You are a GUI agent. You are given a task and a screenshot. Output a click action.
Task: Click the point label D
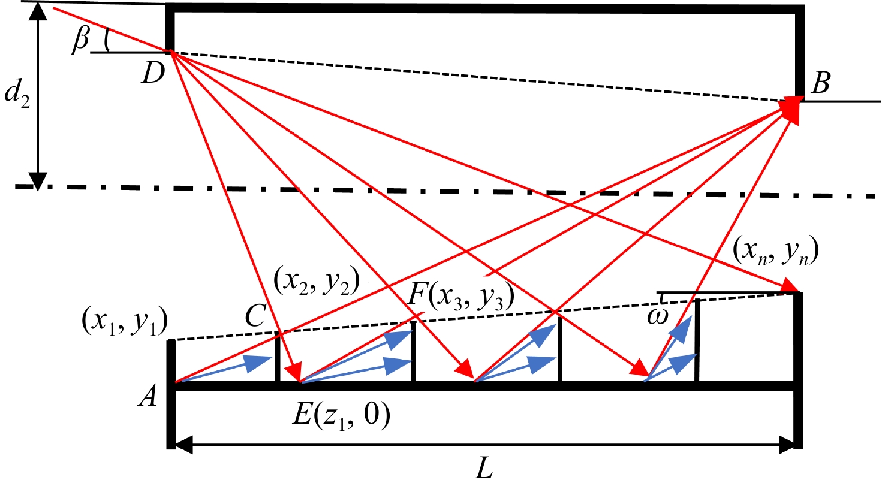click(x=153, y=74)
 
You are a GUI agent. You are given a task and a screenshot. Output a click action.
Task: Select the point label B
click(x=820, y=83)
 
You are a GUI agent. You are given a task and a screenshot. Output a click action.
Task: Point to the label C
click(x=255, y=316)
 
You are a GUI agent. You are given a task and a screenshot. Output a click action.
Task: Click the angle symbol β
click(x=80, y=40)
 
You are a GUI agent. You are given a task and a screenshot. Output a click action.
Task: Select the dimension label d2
click(x=16, y=95)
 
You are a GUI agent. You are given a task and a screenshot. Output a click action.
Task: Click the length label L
click(x=484, y=468)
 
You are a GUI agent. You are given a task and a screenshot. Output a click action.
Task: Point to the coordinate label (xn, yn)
click(x=775, y=252)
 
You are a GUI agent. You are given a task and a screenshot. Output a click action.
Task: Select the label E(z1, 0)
click(x=341, y=414)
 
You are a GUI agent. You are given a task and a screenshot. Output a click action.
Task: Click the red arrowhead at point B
click(x=791, y=110)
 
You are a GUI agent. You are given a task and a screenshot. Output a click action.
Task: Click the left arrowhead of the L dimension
click(x=183, y=445)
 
